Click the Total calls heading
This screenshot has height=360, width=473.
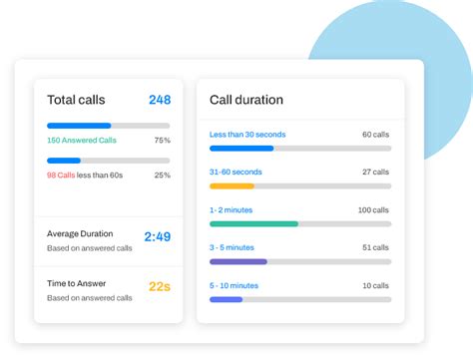pyautogui.click(x=76, y=100)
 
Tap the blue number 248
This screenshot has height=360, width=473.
pyautogui.click(x=160, y=100)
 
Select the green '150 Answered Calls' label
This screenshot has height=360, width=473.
pyautogui.click(x=82, y=141)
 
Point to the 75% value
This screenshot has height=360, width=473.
pyautogui.click(x=162, y=141)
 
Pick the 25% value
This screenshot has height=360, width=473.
pyautogui.click(x=162, y=175)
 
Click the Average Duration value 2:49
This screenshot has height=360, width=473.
pyautogui.click(x=157, y=237)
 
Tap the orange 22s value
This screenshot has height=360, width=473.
pyautogui.click(x=159, y=287)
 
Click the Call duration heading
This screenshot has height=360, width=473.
pyautogui.click(x=245, y=100)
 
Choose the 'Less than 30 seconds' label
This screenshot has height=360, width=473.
pyautogui.click(x=247, y=134)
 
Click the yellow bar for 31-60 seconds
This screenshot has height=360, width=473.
pyautogui.click(x=232, y=185)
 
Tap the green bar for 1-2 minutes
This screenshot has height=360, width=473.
pyautogui.click(x=253, y=223)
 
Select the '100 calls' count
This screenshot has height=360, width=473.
pyautogui.click(x=374, y=210)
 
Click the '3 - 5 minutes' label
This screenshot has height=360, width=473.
pyautogui.click(x=232, y=247)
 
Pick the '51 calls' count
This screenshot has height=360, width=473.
pyautogui.click(x=376, y=247)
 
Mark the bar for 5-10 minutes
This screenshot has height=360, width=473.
pyautogui.click(x=226, y=299)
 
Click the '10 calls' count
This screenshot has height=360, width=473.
pyautogui.click(x=376, y=286)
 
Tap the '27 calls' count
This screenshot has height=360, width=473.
pyautogui.click(x=376, y=172)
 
